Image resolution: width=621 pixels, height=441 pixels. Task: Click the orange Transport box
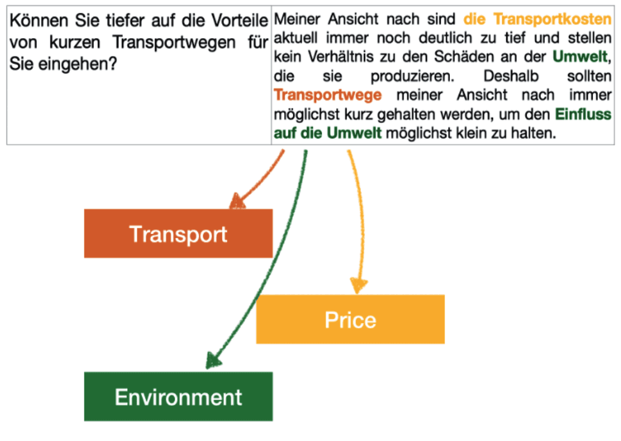click(x=178, y=233)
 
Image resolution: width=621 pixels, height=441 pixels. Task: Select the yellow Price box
click(x=350, y=319)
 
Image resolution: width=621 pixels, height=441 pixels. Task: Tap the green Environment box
click(x=178, y=396)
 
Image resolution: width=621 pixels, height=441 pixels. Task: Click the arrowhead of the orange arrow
click(x=237, y=202)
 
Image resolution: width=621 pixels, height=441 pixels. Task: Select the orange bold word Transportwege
click(x=327, y=95)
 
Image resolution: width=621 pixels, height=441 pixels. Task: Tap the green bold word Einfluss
click(x=583, y=114)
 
